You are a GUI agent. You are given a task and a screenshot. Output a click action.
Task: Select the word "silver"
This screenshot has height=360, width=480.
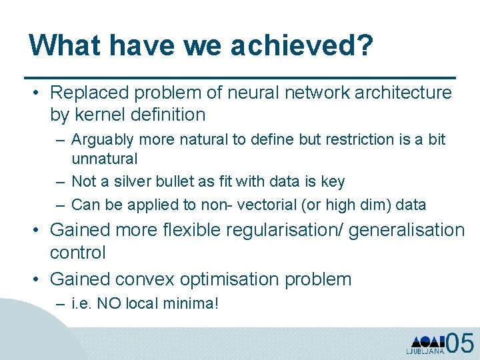(133, 181)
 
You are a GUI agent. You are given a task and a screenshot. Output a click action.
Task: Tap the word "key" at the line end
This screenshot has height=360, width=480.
(332, 181)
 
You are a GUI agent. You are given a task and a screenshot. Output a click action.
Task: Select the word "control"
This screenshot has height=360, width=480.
(78, 253)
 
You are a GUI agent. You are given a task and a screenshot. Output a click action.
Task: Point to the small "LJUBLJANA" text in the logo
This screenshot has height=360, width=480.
(425, 351)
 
